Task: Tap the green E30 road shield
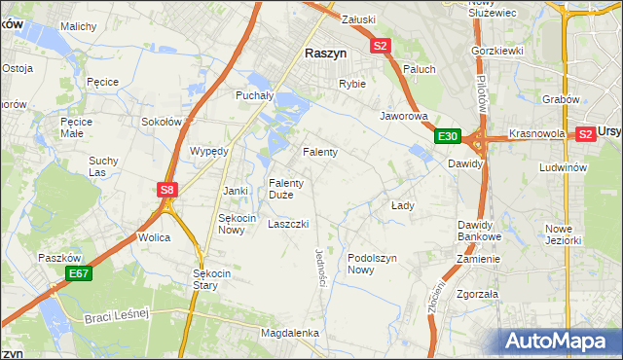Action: (x=447, y=136)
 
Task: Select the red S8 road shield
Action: (x=167, y=190)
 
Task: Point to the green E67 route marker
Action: (x=79, y=275)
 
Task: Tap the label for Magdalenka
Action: (x=290, y=333)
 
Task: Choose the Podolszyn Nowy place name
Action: (x=374, y=264)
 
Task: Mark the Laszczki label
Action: (x=288, y=224)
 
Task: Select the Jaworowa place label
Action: (x=404, y=116)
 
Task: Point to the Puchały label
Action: (x=257, y=95)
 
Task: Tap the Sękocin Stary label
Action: (x=212, y=279)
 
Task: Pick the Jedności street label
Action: (x=320, y=267)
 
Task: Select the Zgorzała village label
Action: (x=477, y=293)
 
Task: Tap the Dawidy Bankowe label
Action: (x=479, y=231)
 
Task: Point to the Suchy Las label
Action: (x=103, y=165)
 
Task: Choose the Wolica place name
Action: (x=154, y=237)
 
